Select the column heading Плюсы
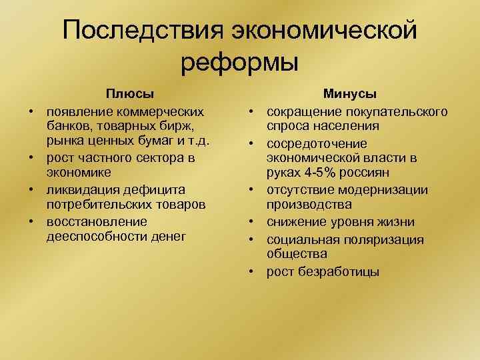(126, 95)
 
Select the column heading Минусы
(350, 95)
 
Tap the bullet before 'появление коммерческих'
(31, 110)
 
